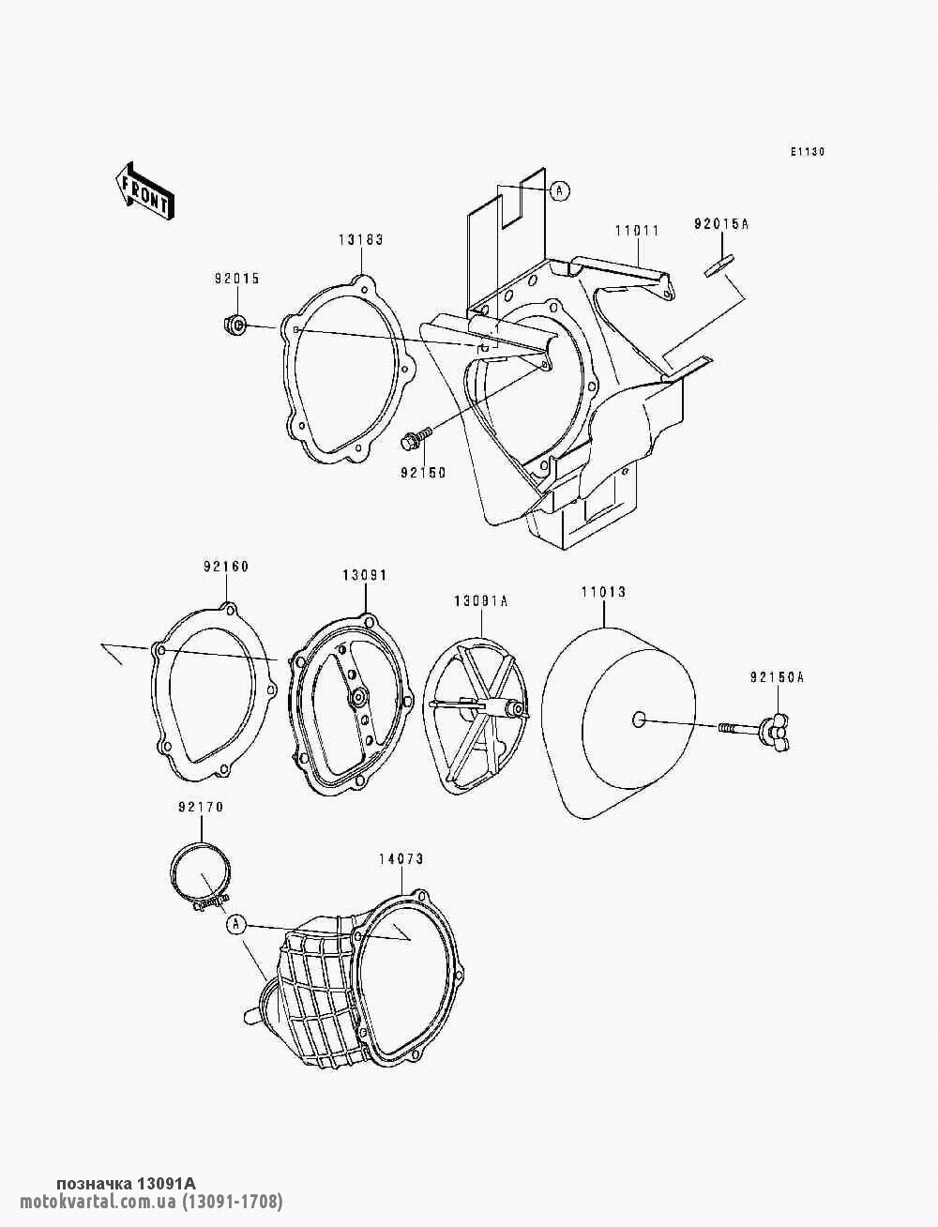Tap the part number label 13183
pos(361,240)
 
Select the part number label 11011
pos(637,231)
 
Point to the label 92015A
pos(721,224)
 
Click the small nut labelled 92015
pos(233,325)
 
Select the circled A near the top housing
pos(559,190)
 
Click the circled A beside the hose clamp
pos(235,924)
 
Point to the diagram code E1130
pos(808,152)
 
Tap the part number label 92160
pos(226,567)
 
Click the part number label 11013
pos(603,592)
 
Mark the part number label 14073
pos(401,859)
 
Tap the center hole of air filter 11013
pos(638,720)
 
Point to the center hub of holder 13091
pos(356,696)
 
